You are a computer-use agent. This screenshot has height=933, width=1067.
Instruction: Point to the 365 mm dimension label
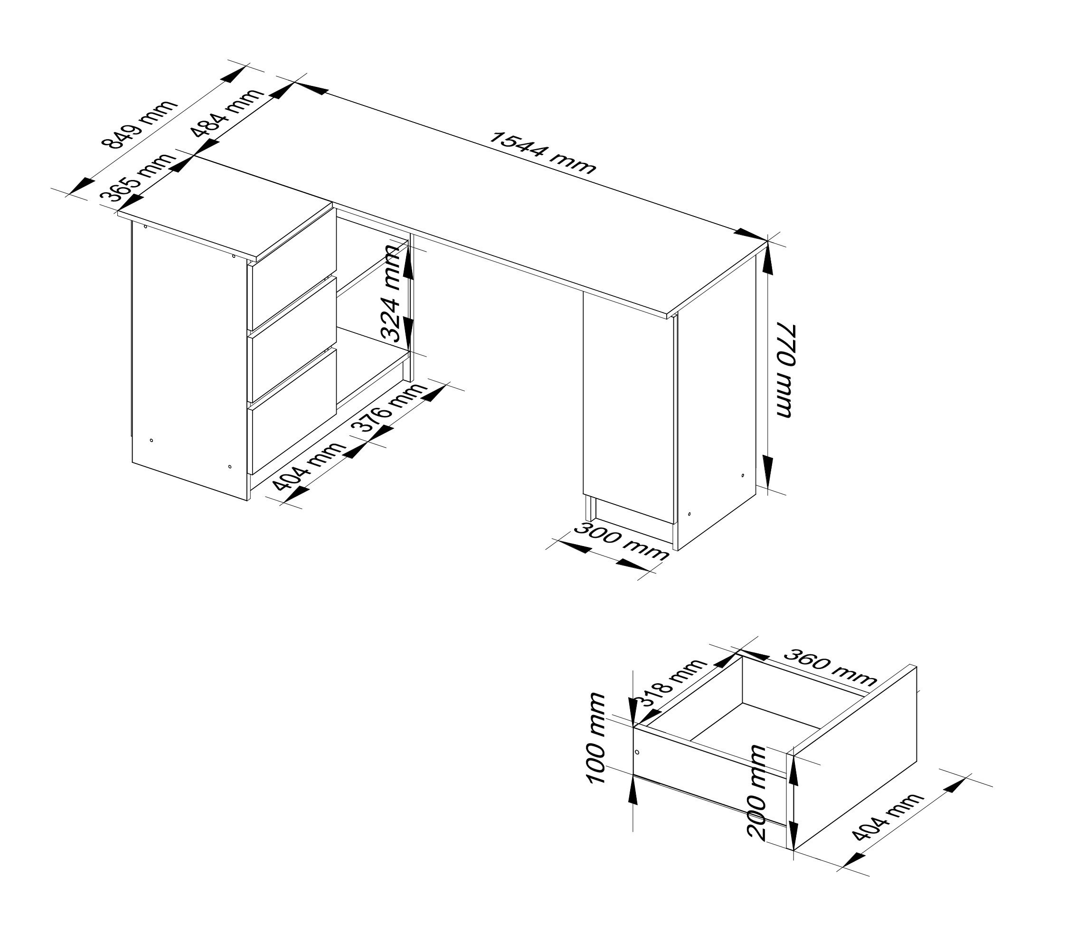click(x=136, y=178)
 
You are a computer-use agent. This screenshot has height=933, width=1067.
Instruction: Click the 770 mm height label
click(x=786, y=370)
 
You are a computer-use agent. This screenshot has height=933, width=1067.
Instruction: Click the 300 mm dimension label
click(x=621, y=541)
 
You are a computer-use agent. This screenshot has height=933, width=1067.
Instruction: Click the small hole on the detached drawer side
click(x=637, y=753)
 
